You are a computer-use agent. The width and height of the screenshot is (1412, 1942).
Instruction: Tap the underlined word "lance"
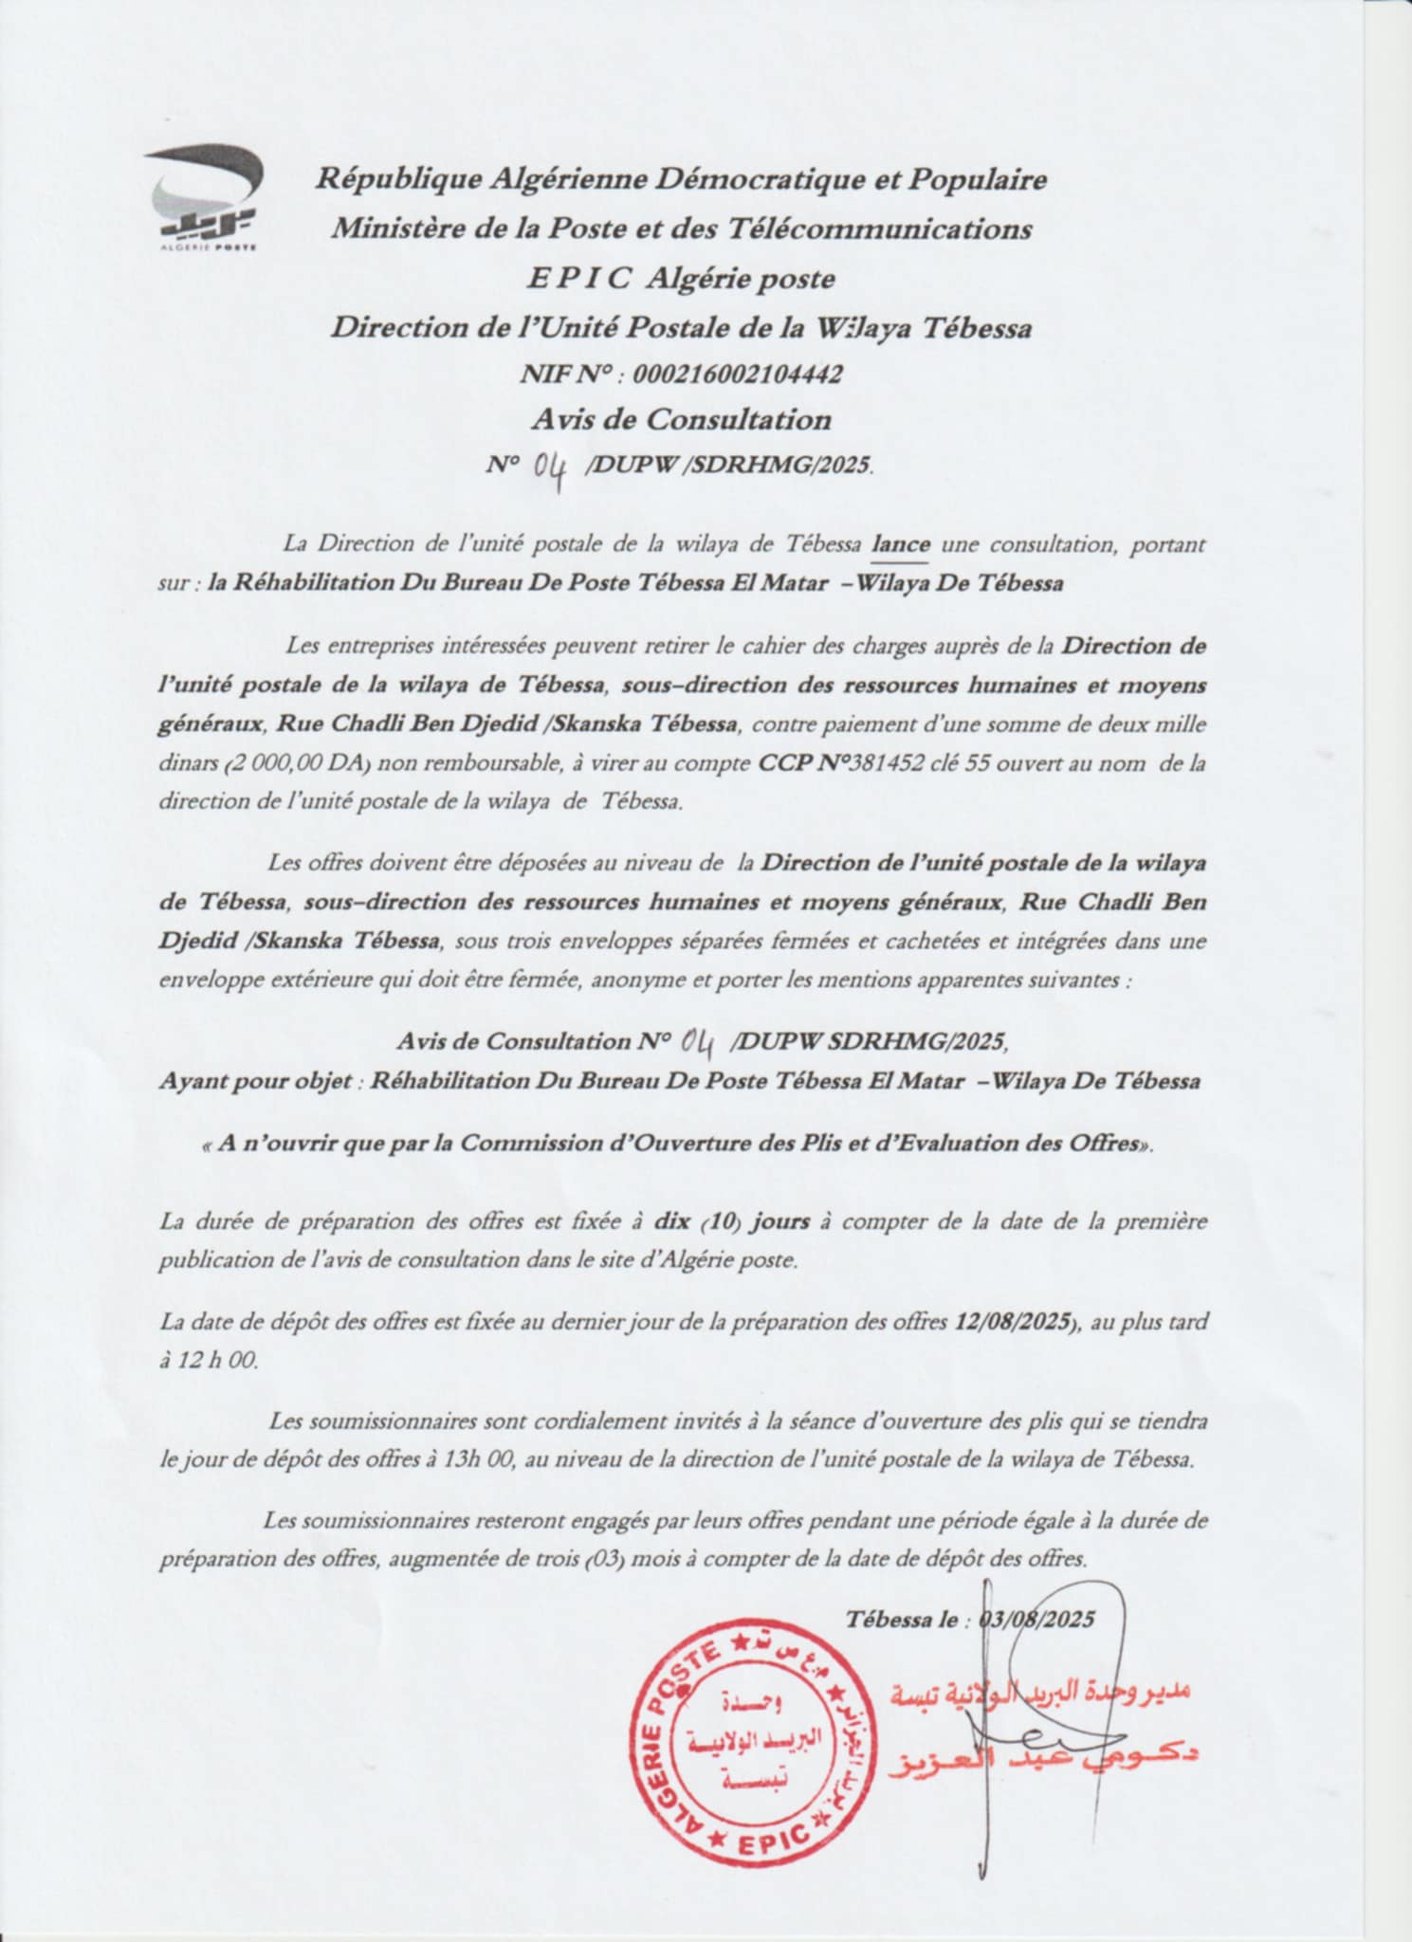[902, 544]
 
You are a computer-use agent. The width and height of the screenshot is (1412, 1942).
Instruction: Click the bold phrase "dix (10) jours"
[731, 1223]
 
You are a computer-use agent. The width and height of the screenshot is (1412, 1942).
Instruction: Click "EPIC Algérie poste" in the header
[682, 280]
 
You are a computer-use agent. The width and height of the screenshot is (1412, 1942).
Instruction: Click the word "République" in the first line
[386, 179]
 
